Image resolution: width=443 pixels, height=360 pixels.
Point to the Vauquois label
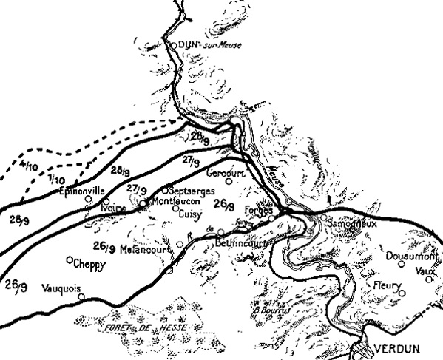point(61,288)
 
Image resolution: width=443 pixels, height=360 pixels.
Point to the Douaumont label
point(411,256)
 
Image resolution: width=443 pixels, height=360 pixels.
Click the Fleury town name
point(386,285)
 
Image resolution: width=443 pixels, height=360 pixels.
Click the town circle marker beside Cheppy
point(70,260)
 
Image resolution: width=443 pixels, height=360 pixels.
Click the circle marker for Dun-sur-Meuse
point(175,45)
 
